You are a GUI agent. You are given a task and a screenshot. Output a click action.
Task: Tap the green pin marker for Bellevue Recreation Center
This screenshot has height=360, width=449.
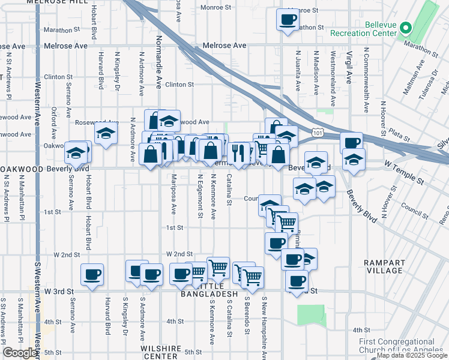click(406, 28)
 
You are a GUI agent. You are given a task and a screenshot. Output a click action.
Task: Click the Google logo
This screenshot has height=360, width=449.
click(19, 353)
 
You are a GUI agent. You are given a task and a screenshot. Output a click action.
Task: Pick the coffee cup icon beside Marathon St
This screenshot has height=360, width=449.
click(287, 19)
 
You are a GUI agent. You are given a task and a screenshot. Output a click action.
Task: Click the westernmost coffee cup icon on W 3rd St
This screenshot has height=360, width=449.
click(92, 274)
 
